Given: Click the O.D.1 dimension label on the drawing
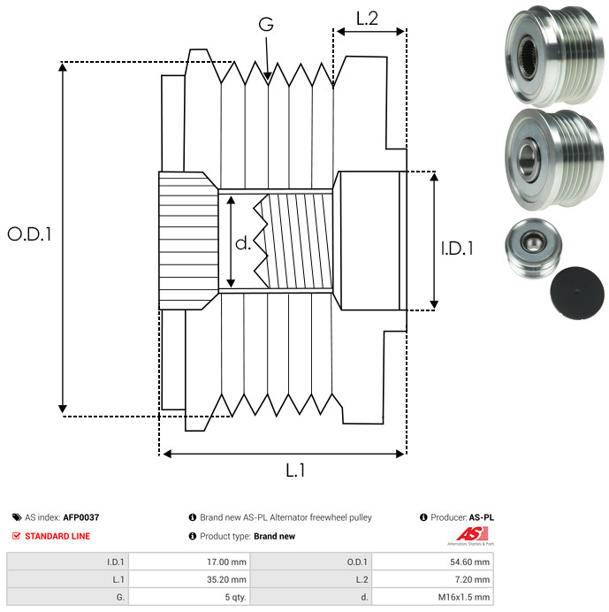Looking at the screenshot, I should tap(30, 234).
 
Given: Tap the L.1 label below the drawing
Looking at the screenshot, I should tap(294, 471).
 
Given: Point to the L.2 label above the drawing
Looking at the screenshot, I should tap(367, 18).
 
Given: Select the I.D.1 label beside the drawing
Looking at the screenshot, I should tap(457, 249).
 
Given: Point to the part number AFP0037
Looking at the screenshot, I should tap(81, 517).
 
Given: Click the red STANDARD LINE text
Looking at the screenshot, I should tap(57, 536).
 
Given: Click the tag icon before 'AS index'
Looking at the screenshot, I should tap(17, 517).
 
